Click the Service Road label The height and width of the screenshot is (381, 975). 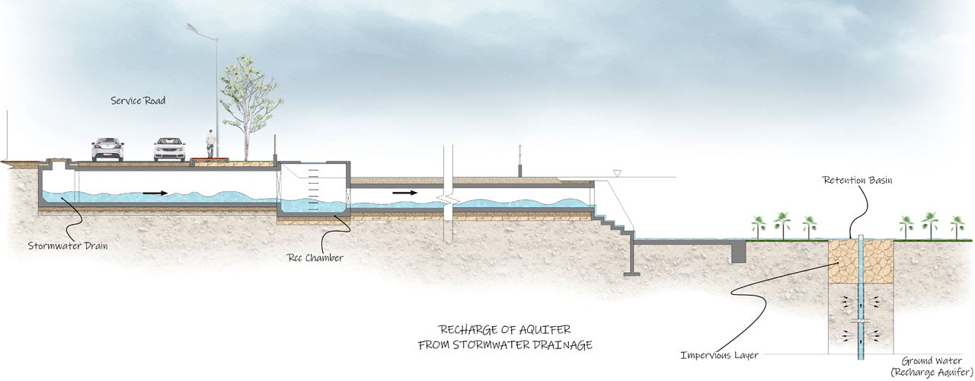click(x=138, y=101)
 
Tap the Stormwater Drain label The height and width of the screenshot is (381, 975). click(x=68, y=245)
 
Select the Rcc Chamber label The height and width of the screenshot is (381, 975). click(x=315, y=258)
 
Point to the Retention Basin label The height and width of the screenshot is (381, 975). click(x=857, y=180)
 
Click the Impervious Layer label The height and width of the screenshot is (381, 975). click(x=720, y=355)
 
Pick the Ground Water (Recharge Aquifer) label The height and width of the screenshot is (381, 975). click(x=932, y=367)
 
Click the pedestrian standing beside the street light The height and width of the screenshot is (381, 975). click(x=211, y=144)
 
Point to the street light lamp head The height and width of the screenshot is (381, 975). click(x=192, y=29)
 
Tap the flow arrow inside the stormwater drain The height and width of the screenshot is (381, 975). click(x=155, y=193)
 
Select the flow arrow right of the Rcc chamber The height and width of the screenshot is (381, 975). click(x=404, y=193)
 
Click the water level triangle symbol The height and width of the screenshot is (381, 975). click(x=617, y=173)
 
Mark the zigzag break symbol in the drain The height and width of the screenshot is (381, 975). click(x=448, y=200)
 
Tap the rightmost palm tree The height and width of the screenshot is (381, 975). click(x=957, y=227)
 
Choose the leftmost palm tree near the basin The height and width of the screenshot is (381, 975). click(x=759, y=227)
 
